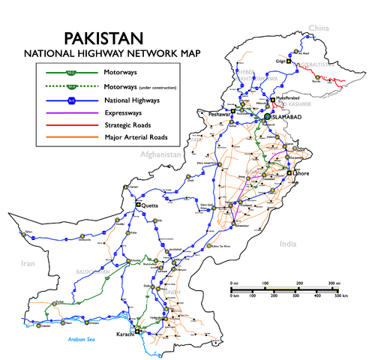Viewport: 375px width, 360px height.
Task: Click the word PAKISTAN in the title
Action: point(104,38)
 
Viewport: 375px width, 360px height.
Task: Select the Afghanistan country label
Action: point(160,154)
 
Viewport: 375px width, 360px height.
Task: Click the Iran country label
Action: point(28,263)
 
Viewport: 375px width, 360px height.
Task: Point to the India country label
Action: point(288,244)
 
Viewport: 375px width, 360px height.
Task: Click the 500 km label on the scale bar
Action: point(339,296)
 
